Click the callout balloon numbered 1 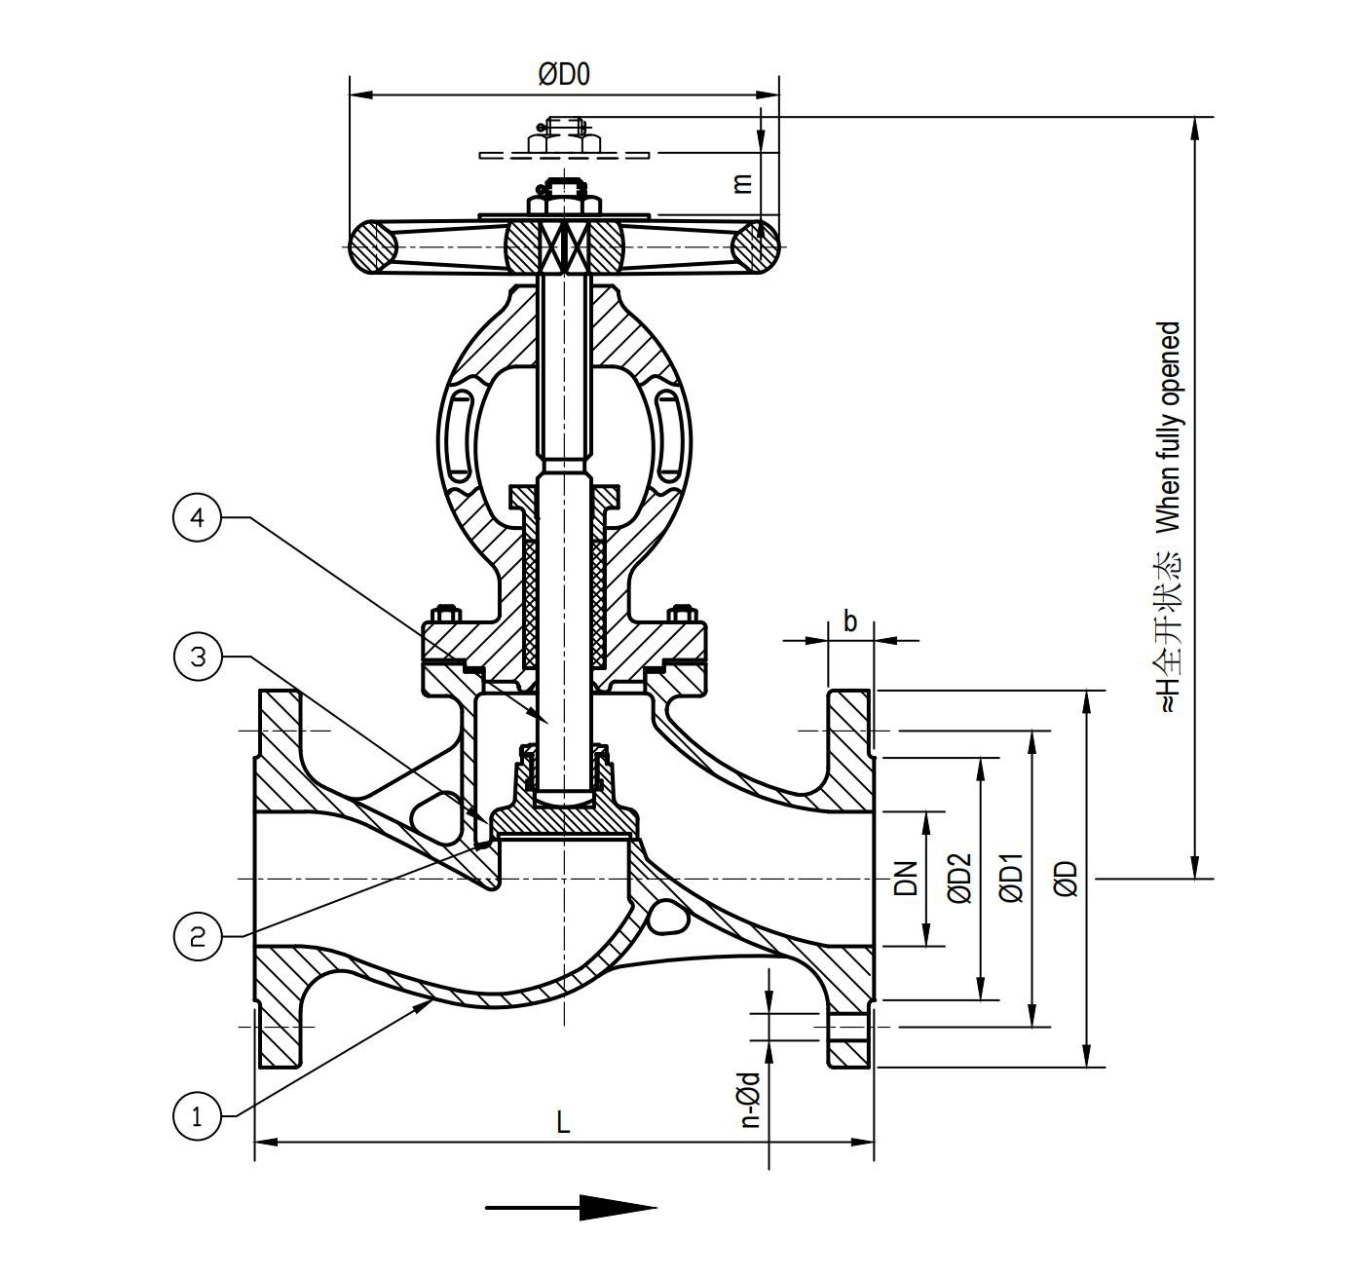(x=198, y=1115)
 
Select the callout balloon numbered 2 (x=198, y=937)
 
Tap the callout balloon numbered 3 (x=198, y=657)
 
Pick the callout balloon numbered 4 (x=198, y=518)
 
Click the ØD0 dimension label (x=564, y=75)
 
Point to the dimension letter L (x=563, y=1123)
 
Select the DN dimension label (x=907, y=878)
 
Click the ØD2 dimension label (x=960, y=878)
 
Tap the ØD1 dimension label (x=1013, y=878)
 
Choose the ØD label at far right (x=1068, y=878)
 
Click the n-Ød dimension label (x=749, y=1100)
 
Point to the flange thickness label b (x=850, y=621)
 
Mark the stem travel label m (x=742, y=182)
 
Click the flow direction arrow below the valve (x=572, y=1208)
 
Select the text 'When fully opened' (x=1168, y=427)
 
